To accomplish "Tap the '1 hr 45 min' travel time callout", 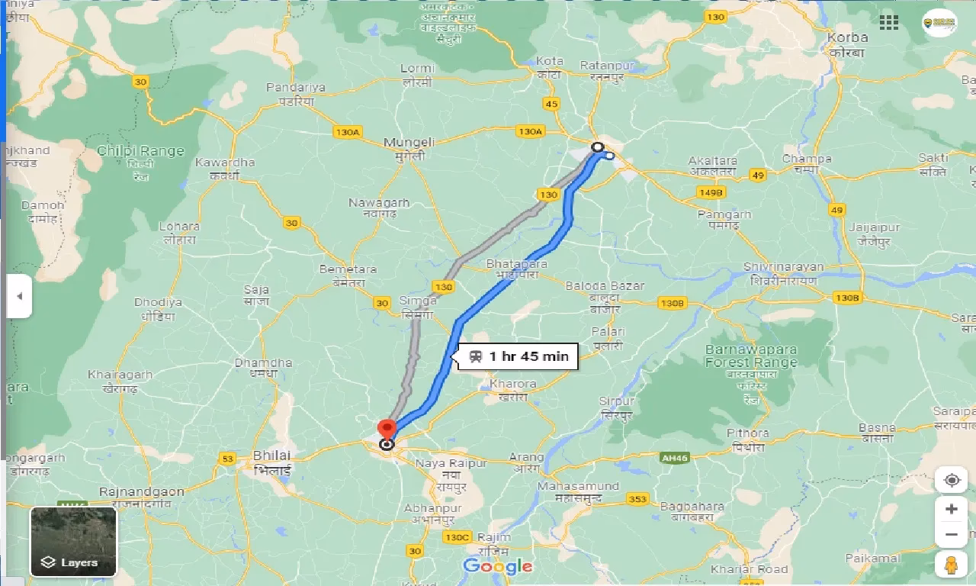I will click(x=519, y=356).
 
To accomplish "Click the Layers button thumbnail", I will click(x=73, y=541).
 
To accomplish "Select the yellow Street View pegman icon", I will click(x=951, y=565).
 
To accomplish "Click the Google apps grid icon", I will click(x=889, y=22).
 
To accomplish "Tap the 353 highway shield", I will click(x=637, y=499).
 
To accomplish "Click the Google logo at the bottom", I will click(x=497, y=565).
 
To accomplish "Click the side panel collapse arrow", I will click(x=19, y=296).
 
